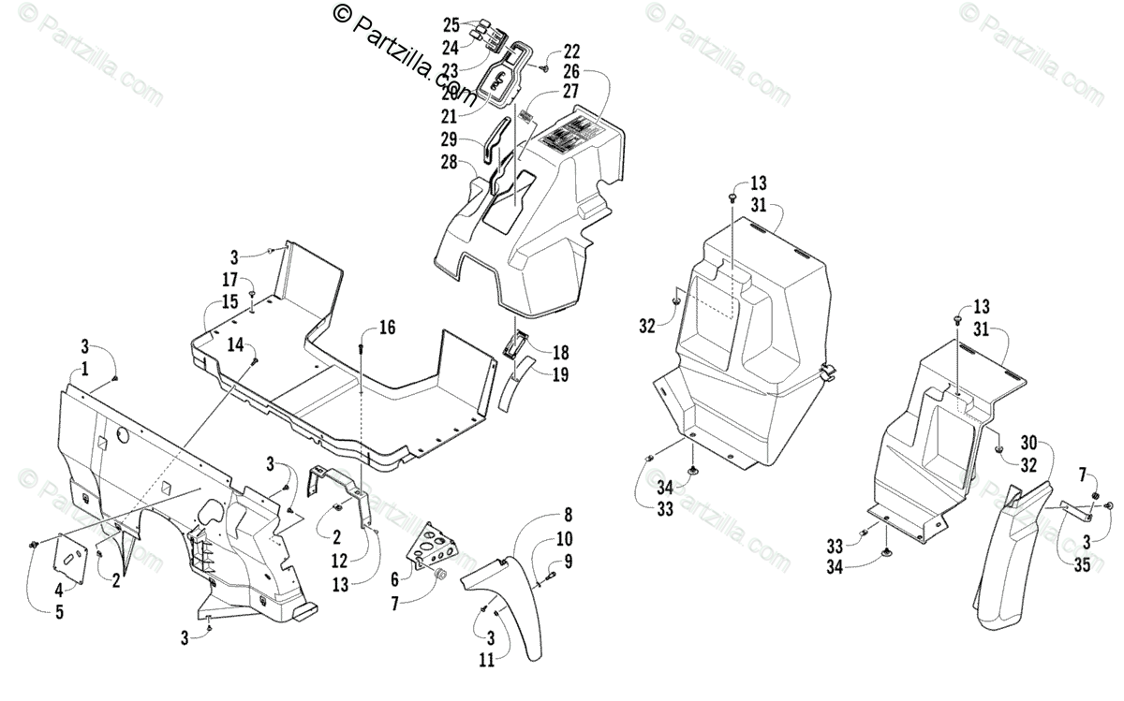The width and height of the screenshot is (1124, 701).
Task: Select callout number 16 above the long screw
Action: pos(387,328)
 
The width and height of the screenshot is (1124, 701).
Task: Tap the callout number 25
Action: pos(451,23)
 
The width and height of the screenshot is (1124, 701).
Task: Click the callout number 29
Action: pos(450,139)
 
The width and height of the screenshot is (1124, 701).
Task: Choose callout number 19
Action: pos(560,374)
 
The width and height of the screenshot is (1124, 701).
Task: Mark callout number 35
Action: pos(1081,564)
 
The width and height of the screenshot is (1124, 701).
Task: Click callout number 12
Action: pos(339,560)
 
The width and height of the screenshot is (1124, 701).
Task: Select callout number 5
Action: pos(60,613)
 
